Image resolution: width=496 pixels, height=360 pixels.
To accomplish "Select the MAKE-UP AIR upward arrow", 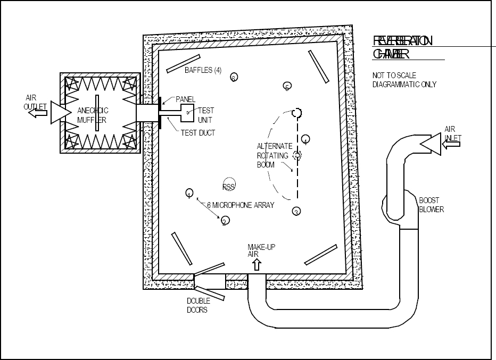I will pyautogui.click(x=257, y=264).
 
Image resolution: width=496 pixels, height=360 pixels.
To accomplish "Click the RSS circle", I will pyautogui.click(x=229, y=185).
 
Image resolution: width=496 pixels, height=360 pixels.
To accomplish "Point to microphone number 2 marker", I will pyautogui.click(x=225, y=221).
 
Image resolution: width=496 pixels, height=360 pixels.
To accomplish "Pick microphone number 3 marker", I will pyautogui.click(x=296, y=212).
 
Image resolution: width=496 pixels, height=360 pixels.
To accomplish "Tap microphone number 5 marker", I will pyautogui.click(x=287, y=86).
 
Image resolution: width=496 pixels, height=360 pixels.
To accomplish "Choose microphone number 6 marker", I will pyautogui.click(x=234, y=78).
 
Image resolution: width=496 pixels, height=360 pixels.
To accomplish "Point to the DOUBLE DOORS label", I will pyautogui.click(x=197, y=305).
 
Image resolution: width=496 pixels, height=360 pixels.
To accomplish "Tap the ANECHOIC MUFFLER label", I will pyautogui.click(x=93, y=115).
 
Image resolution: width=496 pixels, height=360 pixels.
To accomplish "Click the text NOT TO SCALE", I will pyautogui.click(x=394, y=76).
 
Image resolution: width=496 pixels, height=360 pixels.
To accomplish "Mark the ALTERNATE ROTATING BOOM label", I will pyautogui.click(x=274, y=155).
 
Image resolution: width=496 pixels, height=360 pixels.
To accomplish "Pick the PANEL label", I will pyautogui.click(x=186, y=99).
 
